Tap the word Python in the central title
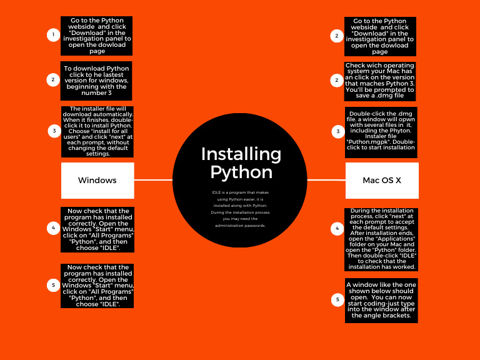(x=241, y=172)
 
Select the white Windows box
(x=97, y=180)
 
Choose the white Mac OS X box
(x=382, y=180)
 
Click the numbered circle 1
(x=53, y=35)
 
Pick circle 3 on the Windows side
(x=54, y=131)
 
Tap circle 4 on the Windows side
(x=53, y=228)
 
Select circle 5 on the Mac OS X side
(x=337, y=300)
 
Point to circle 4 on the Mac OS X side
(x=337, y=229)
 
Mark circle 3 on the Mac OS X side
(x=338, y=131)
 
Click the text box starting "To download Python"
(x=96, y=81)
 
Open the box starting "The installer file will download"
(x=97, y=131)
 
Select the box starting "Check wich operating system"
(x=380, y=81)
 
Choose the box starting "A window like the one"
(x=381, y=300)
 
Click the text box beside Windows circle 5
(x=97, y=286)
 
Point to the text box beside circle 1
(x=97, y=36)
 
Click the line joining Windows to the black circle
(x=153, y=180)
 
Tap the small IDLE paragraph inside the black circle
(x=240, y=209)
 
